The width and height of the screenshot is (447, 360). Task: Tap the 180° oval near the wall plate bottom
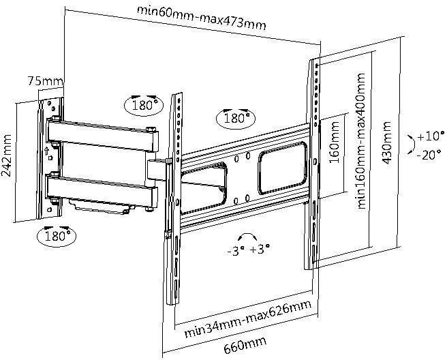point(57,236)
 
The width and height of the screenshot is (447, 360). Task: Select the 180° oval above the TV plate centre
point(234,118)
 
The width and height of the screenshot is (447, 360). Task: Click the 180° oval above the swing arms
point(144,105)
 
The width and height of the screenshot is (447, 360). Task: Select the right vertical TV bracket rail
point(314,164)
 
